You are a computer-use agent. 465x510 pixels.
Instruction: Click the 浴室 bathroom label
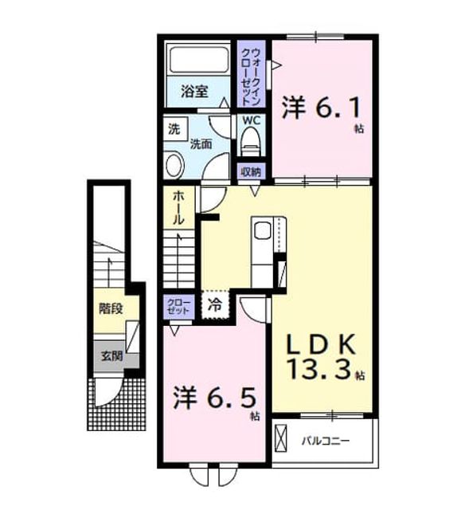point(194,91)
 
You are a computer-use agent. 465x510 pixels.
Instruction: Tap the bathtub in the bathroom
point(198,60)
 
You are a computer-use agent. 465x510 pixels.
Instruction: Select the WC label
point(251,120)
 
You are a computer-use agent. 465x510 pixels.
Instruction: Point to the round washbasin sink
point(174,165)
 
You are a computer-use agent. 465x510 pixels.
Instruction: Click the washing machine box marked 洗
point(175,129)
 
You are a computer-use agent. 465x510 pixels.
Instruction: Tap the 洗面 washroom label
point(201,143)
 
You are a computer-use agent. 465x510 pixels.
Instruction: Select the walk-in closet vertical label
point(251,77)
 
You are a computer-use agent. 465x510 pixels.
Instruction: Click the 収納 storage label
point(251,171)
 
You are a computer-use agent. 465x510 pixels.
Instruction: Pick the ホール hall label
point(178,207)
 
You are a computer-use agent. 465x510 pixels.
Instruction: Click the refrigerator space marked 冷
point(215,305)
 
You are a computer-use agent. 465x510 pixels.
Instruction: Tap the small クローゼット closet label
point(178,306)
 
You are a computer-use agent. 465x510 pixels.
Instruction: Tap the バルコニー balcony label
point(326,441)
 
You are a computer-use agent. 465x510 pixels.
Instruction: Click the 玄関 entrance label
point(111,356)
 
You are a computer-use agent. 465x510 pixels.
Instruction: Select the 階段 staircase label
point(111,308)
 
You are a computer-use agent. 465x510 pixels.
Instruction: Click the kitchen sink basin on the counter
point(263,230)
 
